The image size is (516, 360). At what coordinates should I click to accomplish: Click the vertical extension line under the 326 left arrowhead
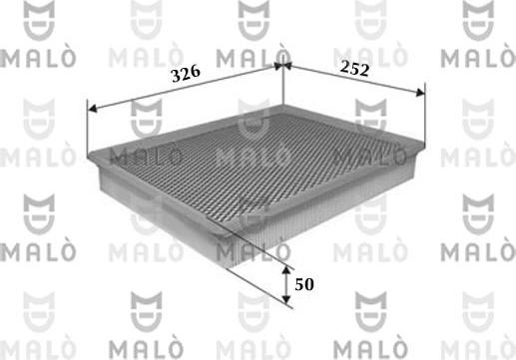[x=89, y=125]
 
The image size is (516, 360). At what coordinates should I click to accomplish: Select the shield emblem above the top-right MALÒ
[x=483, y=17]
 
